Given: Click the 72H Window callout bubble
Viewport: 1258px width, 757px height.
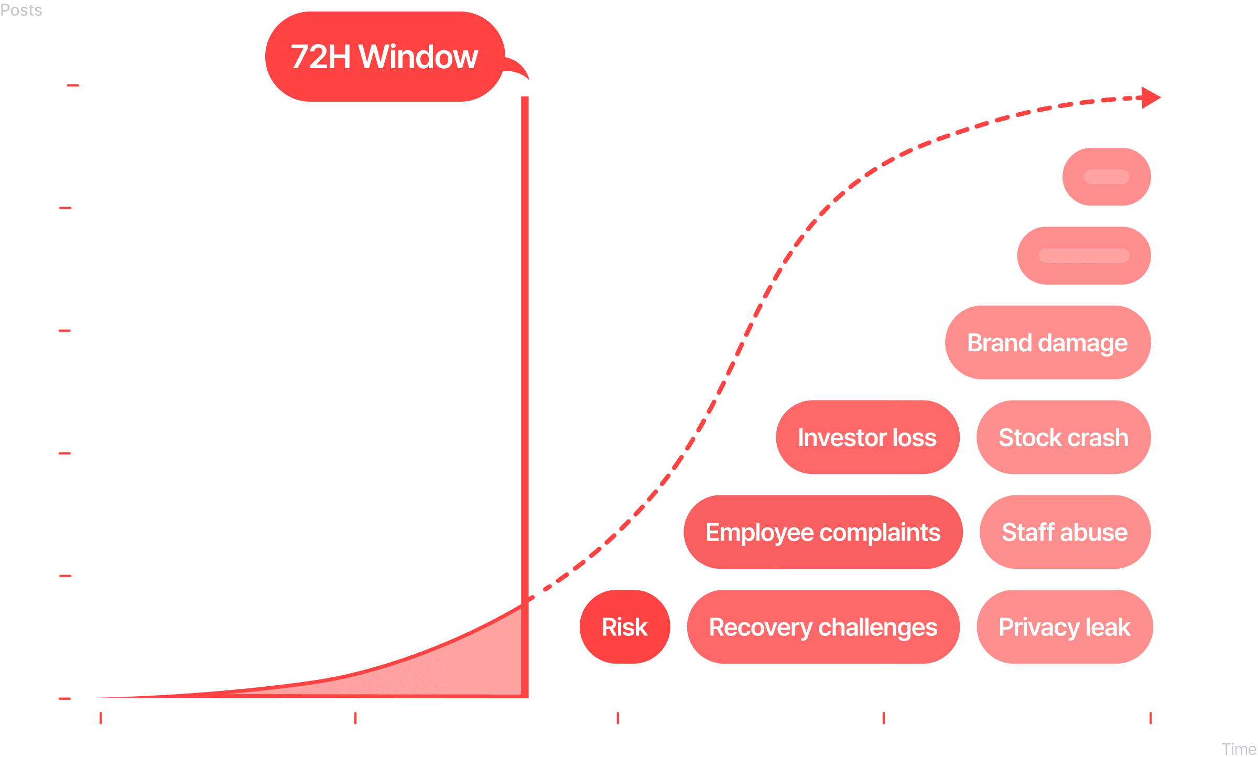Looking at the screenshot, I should [x=384, y=57].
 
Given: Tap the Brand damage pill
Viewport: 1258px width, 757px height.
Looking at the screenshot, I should [x=1047, y=343].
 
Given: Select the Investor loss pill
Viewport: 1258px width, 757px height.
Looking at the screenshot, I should [x=867, y=438].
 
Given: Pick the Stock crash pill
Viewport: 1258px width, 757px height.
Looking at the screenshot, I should [x=1064, y=438].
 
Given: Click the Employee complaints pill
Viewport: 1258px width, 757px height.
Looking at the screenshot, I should [x=823, y=533].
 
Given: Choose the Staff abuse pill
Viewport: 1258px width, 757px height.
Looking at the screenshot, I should [x=1065, y=533].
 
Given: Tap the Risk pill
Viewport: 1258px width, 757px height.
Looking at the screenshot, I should [x=624, y=627].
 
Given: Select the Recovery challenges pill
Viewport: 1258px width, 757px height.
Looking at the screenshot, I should [x=823, y=627].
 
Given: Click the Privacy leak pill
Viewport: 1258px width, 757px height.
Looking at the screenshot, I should [x=1065, y=627].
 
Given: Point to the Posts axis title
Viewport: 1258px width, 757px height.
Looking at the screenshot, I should [x=21, y=10].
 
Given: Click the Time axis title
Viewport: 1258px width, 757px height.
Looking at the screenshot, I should [x=1239, y=749].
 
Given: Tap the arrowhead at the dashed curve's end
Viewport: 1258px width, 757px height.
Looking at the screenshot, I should [x=1151, y=98].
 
